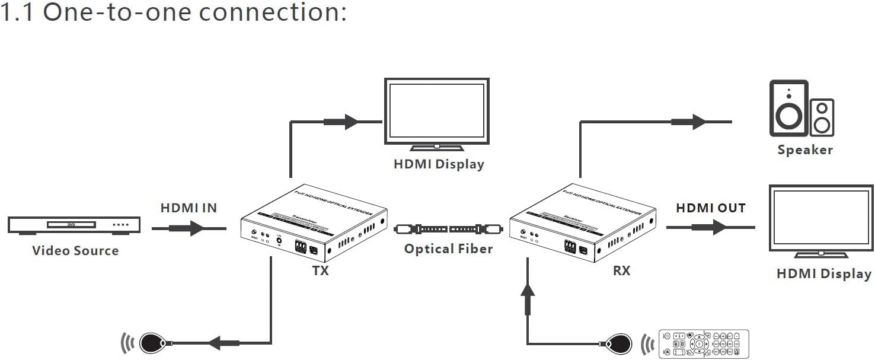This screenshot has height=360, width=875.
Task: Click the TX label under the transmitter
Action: click(x=320, y=270)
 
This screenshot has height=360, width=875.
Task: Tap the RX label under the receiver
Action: click(x=621, y=270)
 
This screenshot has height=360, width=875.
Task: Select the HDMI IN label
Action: click(x=189, y=208)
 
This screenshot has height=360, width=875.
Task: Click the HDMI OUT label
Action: click(x=711, y=208)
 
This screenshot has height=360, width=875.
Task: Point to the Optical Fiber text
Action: click(x=448, y=249)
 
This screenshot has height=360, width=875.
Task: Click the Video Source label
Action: click(x=75, y=250)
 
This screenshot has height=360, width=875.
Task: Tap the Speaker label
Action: click(x=805, y=150)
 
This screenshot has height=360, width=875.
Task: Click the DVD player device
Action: click(x=74, y=225)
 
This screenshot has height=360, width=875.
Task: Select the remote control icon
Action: click(x=704, y=343)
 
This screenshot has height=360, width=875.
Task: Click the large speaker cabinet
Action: click(x=788, y=109)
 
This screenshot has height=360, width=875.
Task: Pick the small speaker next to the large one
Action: click(x=822, y=117)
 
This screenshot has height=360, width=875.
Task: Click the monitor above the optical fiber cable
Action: click(x=437, y=111)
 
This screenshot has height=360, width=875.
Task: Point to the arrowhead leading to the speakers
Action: click(x=699, y=122)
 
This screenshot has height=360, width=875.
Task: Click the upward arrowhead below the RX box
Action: click(x=527, y=289)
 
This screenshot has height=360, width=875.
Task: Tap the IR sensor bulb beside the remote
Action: click(x=620, y=343)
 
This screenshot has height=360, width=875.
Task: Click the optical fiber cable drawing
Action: click(x=449, y=228)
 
